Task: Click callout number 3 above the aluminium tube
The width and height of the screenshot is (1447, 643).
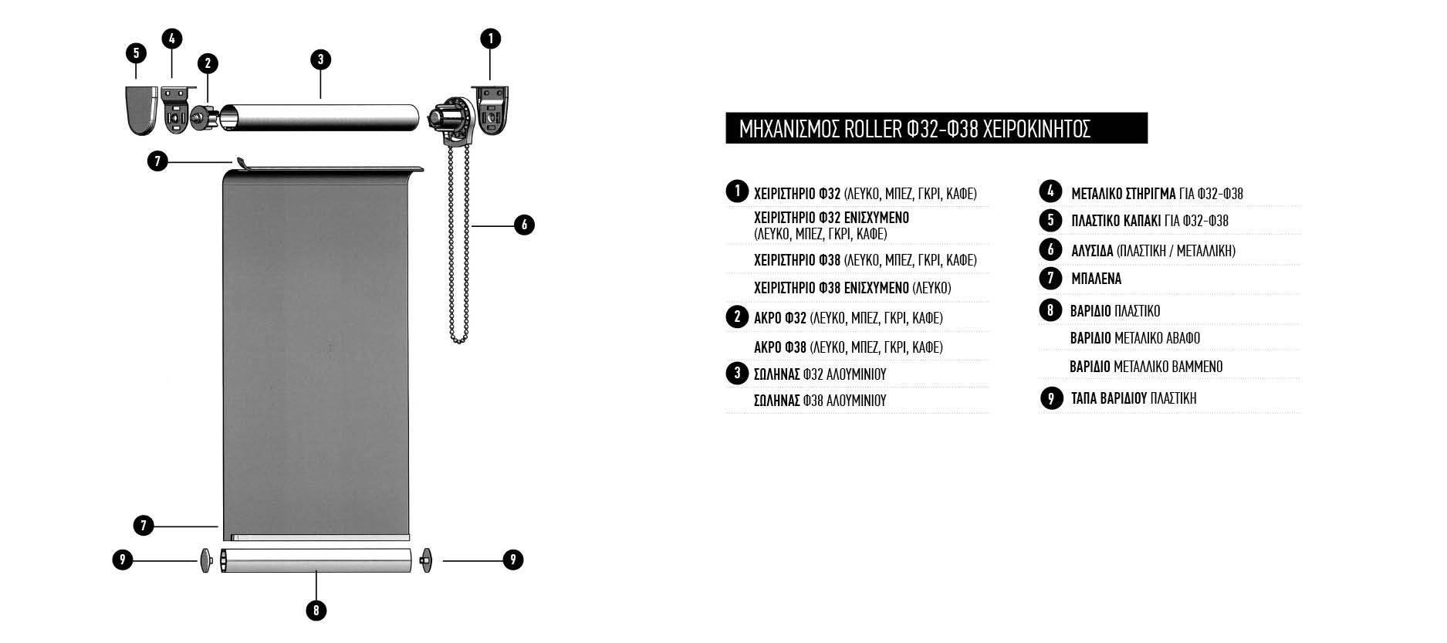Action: (319, 60)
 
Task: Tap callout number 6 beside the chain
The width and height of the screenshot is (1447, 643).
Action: (524, 225)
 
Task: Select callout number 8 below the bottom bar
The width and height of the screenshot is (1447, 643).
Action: (316, 611)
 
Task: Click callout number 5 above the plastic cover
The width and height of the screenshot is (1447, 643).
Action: (136, 52)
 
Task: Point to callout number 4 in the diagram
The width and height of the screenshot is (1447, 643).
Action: (172, 39)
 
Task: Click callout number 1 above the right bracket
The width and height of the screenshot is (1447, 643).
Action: (490, 39)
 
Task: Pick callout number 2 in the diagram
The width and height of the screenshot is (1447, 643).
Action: (207, 64)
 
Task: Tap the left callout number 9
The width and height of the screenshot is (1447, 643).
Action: (122, 560)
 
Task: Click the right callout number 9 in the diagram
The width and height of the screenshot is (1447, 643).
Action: (512, 560)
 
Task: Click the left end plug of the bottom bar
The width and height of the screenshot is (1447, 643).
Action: (205, 560)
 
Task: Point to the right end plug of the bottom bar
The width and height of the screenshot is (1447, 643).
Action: (426, 560)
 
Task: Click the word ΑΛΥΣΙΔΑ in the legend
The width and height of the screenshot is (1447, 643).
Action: (1092, 251)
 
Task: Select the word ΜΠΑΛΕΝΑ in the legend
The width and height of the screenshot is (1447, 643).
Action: (1096, 279)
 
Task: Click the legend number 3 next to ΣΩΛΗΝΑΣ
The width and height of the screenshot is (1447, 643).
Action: (737, 374)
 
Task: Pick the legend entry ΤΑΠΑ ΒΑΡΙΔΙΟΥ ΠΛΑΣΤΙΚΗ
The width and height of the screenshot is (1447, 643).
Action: (1134, 398)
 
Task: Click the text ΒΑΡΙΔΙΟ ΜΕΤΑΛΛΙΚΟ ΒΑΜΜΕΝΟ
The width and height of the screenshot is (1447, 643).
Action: (1146, 367)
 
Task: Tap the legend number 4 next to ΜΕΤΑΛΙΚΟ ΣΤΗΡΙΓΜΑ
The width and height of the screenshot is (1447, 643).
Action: (1050, 191)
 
